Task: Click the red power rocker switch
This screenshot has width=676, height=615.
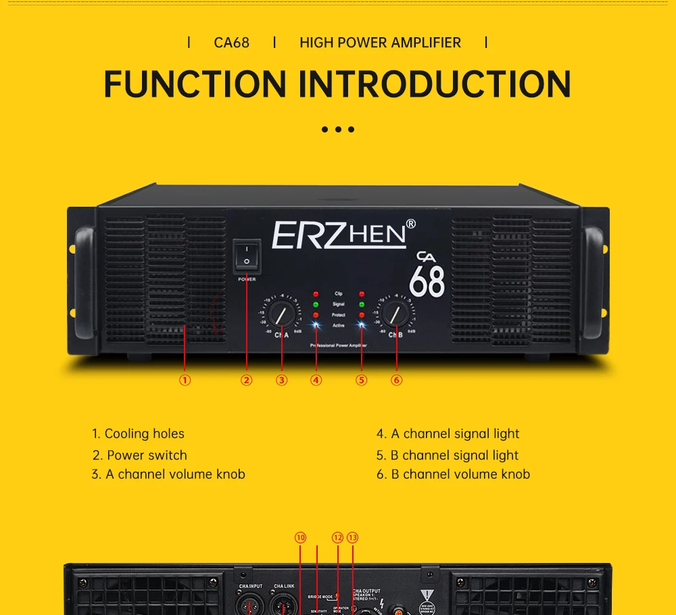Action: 247,255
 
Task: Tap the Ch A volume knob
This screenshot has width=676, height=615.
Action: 279,314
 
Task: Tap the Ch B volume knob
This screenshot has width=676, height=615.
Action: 396,314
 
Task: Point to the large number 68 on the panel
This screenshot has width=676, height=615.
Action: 427,281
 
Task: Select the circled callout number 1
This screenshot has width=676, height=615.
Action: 185,380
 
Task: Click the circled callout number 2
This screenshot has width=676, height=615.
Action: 247,380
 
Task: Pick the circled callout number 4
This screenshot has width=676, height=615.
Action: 316,380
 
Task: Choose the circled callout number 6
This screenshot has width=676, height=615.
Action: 397,380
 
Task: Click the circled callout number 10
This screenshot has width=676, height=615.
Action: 300,538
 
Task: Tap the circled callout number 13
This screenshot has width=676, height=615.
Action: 352,538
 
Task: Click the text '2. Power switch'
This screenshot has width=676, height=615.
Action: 140,455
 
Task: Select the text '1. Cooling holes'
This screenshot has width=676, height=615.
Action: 139,434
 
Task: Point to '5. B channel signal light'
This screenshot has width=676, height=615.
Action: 448,455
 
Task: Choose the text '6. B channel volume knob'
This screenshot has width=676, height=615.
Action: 453,474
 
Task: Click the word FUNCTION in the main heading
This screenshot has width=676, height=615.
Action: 195,84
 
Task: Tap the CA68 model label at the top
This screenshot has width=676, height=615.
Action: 231,43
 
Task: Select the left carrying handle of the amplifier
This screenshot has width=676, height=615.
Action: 84,274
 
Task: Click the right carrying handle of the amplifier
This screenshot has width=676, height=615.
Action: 593,274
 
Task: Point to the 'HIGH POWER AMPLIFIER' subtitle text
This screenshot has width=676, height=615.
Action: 380,43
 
